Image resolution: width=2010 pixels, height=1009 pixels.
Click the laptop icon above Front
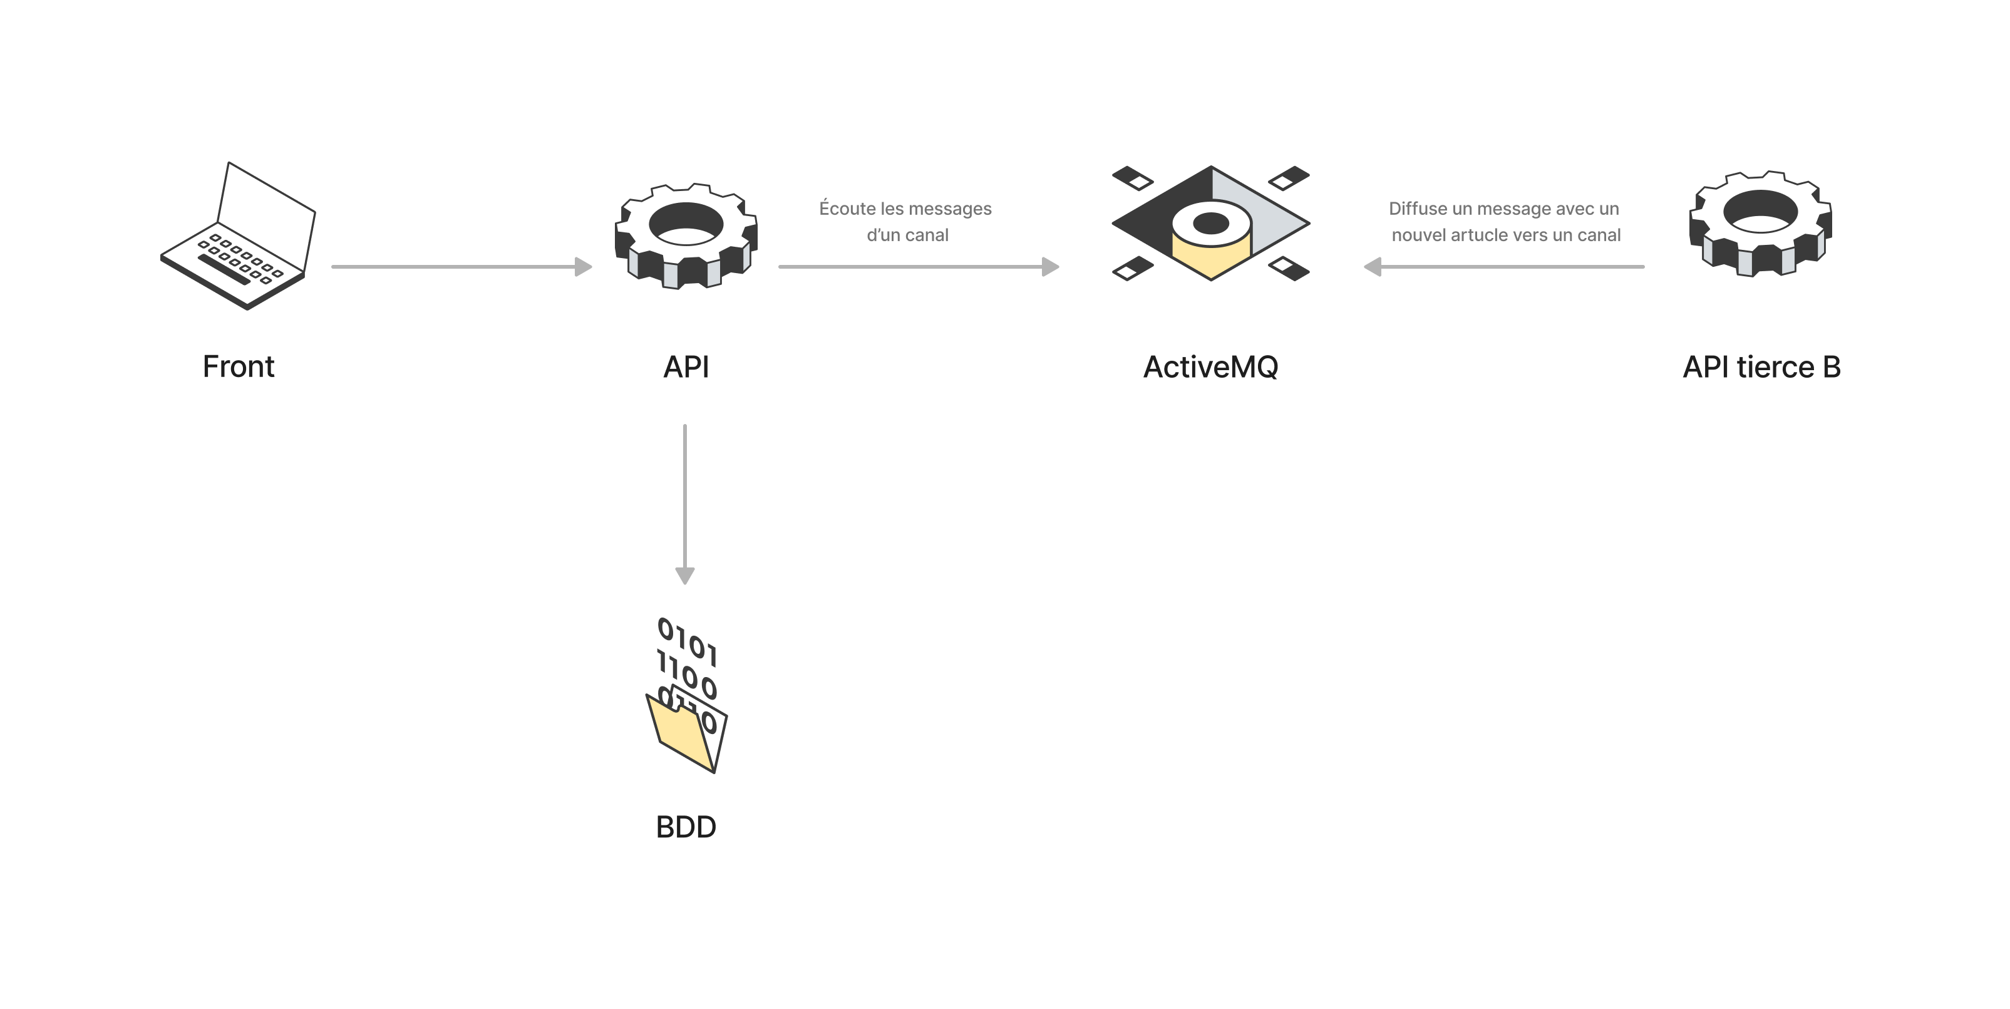pos(238,235)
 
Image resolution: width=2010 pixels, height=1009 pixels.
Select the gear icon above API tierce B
pos(1760,224)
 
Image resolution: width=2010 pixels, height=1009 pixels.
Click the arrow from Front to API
pos(460,267)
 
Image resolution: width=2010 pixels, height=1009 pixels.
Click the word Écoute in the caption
pos(847,209)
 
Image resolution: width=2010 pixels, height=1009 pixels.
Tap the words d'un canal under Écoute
pos(907,235)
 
